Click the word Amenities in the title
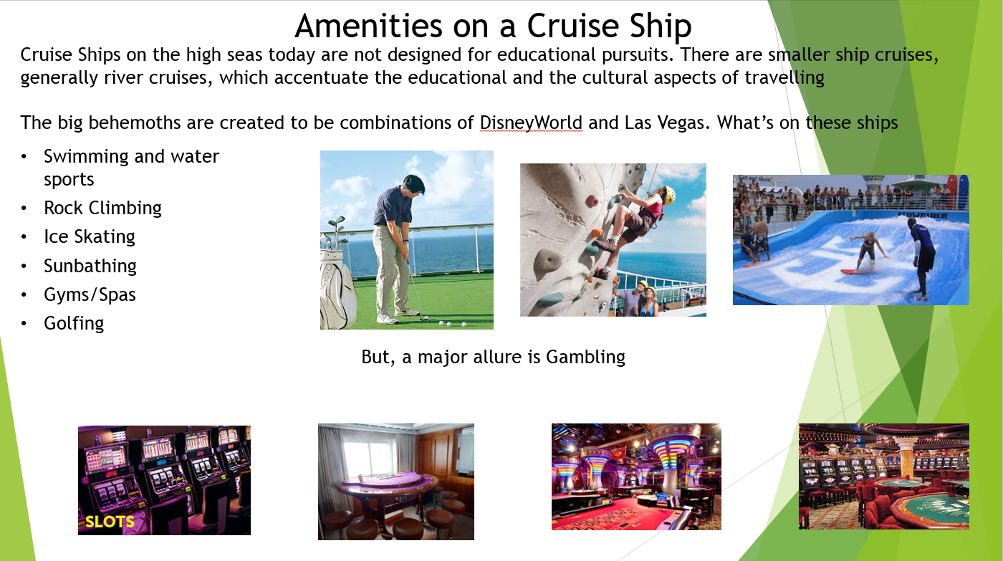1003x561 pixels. (368, 26)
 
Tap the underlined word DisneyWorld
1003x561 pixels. (531, 123)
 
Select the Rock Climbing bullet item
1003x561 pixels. (102, 208)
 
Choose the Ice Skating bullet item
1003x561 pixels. (90, 237)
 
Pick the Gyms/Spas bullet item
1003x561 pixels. (90, 294)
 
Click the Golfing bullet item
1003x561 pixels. (74, 324)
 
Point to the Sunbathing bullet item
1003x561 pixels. (90, 266)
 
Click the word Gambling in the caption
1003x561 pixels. (586, 358)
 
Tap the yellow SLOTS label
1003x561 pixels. (110, 522)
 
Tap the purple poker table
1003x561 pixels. (385, 484)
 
